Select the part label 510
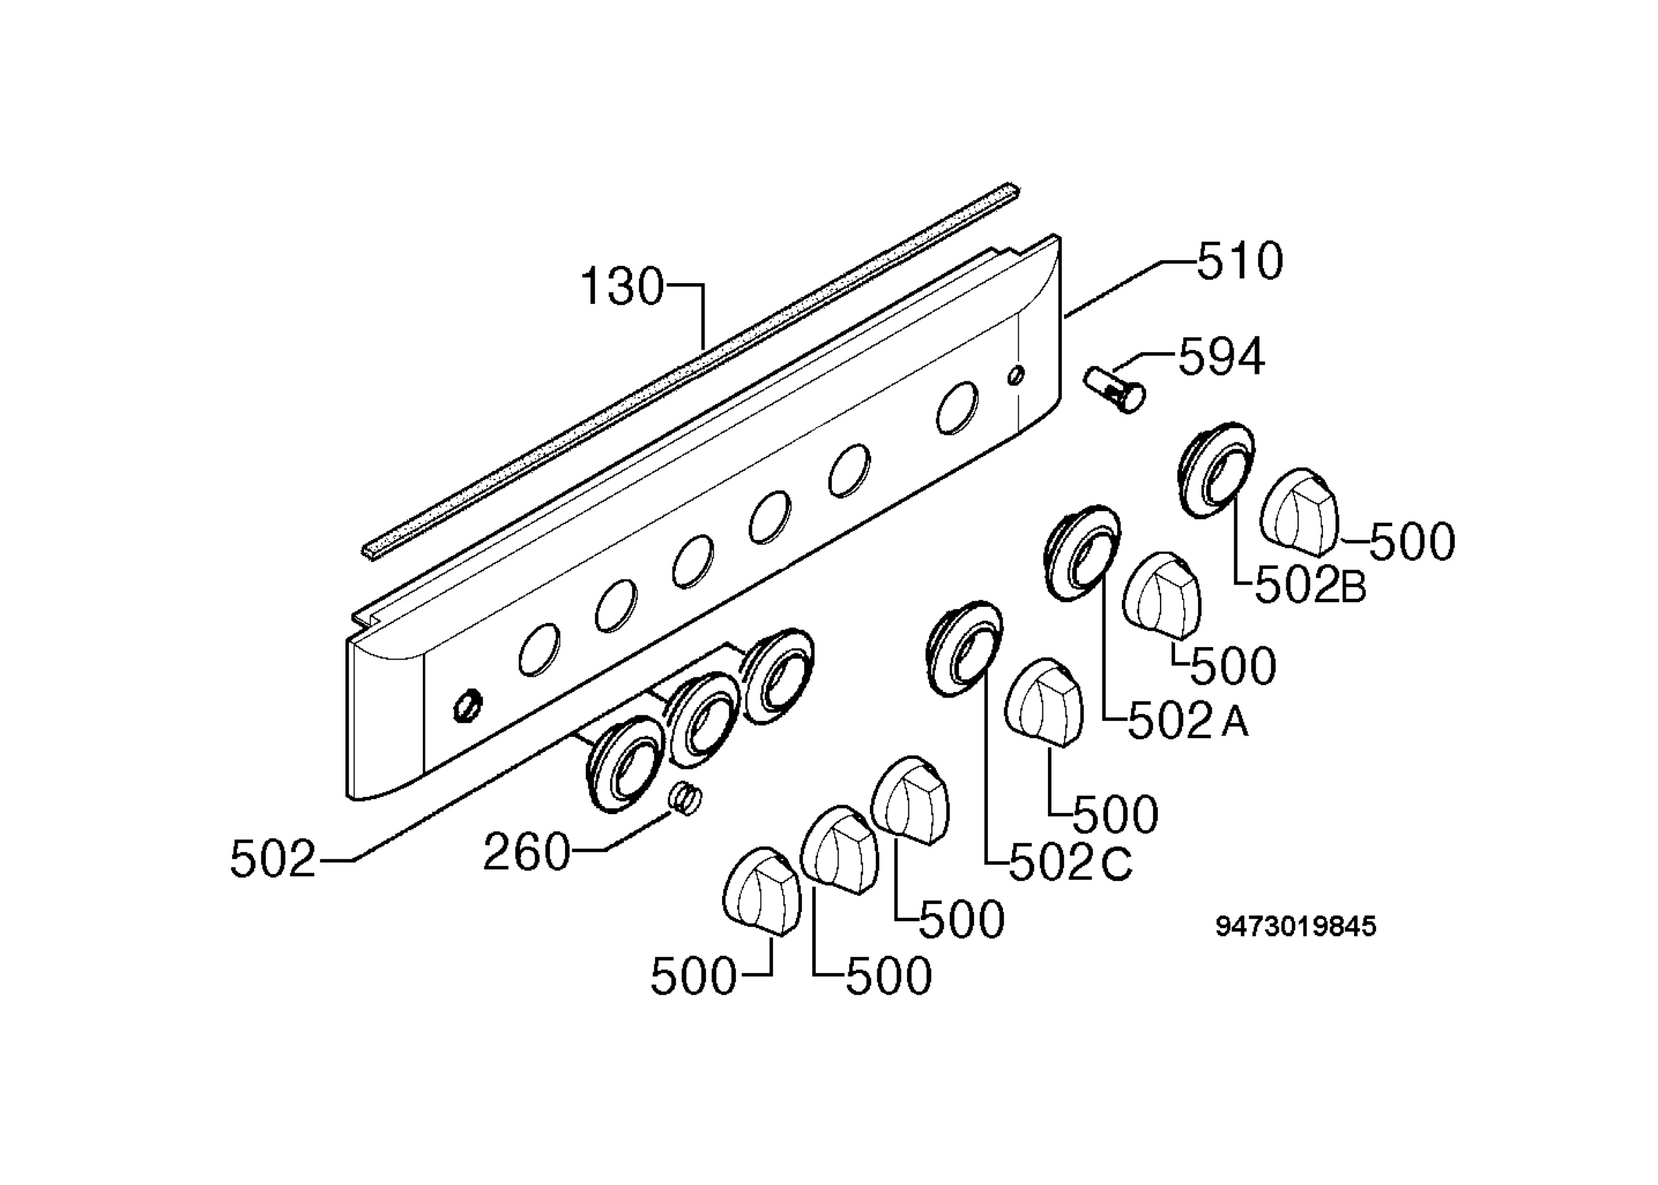(1240, 261)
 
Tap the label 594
(1221, 357)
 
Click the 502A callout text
(1188, 722)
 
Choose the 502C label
(1071, 864)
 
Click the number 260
(526, 852)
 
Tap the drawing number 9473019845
(1295, 927)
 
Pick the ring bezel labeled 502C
(964, 648)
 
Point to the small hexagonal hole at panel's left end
(467, 705)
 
